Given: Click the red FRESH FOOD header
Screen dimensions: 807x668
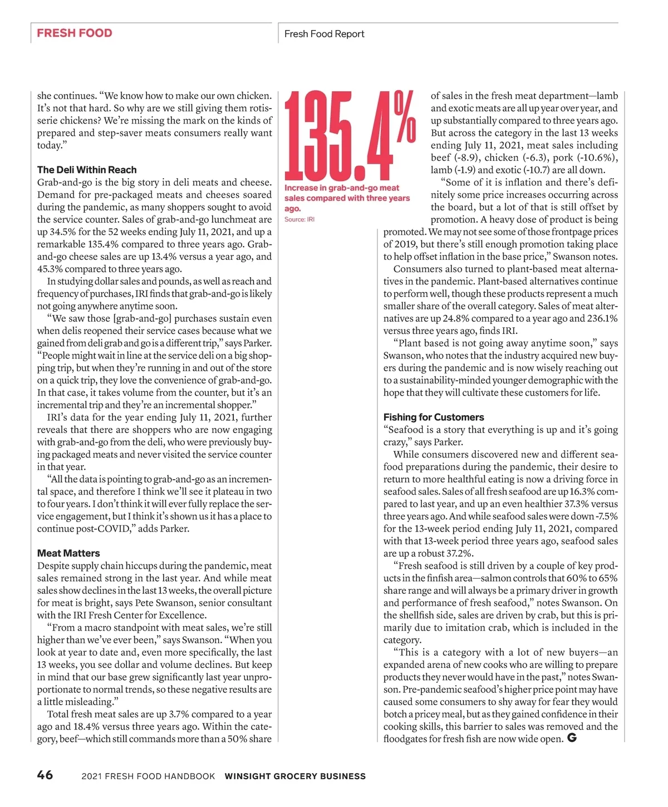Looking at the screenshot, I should pyautogui.click(x=75, y=33).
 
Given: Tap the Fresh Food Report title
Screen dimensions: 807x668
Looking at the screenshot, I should pyautogui.click(x=324, y=34).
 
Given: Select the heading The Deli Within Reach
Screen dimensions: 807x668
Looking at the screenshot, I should pyautogui.click(x=87, y=170).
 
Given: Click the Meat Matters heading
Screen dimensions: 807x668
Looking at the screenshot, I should pyautogui.click(x=68, y=553).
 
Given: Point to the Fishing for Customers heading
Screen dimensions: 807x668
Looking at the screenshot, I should pyautogui.click(x=434, y=417).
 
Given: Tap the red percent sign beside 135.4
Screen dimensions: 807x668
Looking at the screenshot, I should pyautogui.click(x=405, y=117).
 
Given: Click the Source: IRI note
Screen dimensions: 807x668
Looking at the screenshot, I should pyautogui.click(x=299, y=219).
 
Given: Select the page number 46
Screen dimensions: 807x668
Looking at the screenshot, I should pyautogui.click(x=45, y=775).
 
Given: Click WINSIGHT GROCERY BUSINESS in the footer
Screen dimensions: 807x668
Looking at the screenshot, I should pyautogui.click(x=295, y=776).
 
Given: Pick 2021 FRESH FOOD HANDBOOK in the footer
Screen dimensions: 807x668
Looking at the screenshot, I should pyautogui.click(x=148, y=776).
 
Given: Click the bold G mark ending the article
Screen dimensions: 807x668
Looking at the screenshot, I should pyautogui.click(x=571, y=738).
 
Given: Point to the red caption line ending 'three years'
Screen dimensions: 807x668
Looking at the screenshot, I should pyautogui.click(x=347, y=198).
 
